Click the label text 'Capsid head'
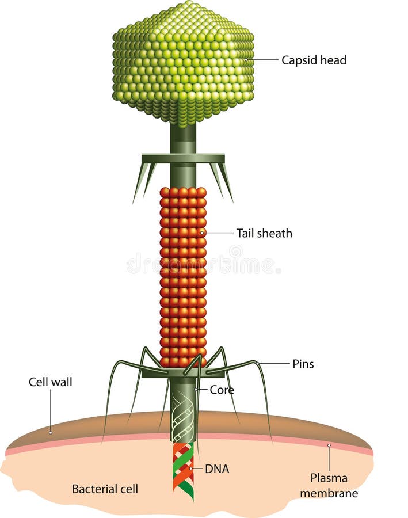pos(314,60)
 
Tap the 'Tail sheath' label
pos(264,233)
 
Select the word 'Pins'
pos(303,364)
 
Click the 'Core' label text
pos(222,390)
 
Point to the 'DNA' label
pos(217,469)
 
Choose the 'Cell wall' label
pos(51,382)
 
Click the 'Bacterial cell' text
pos(105,489)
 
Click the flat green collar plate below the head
pos(183,158)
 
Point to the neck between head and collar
pos(183,138)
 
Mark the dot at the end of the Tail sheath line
pos(202,233)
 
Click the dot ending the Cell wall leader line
pos(51,431)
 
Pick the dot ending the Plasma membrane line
pos(329,445)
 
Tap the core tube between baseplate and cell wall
pos(183,403)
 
